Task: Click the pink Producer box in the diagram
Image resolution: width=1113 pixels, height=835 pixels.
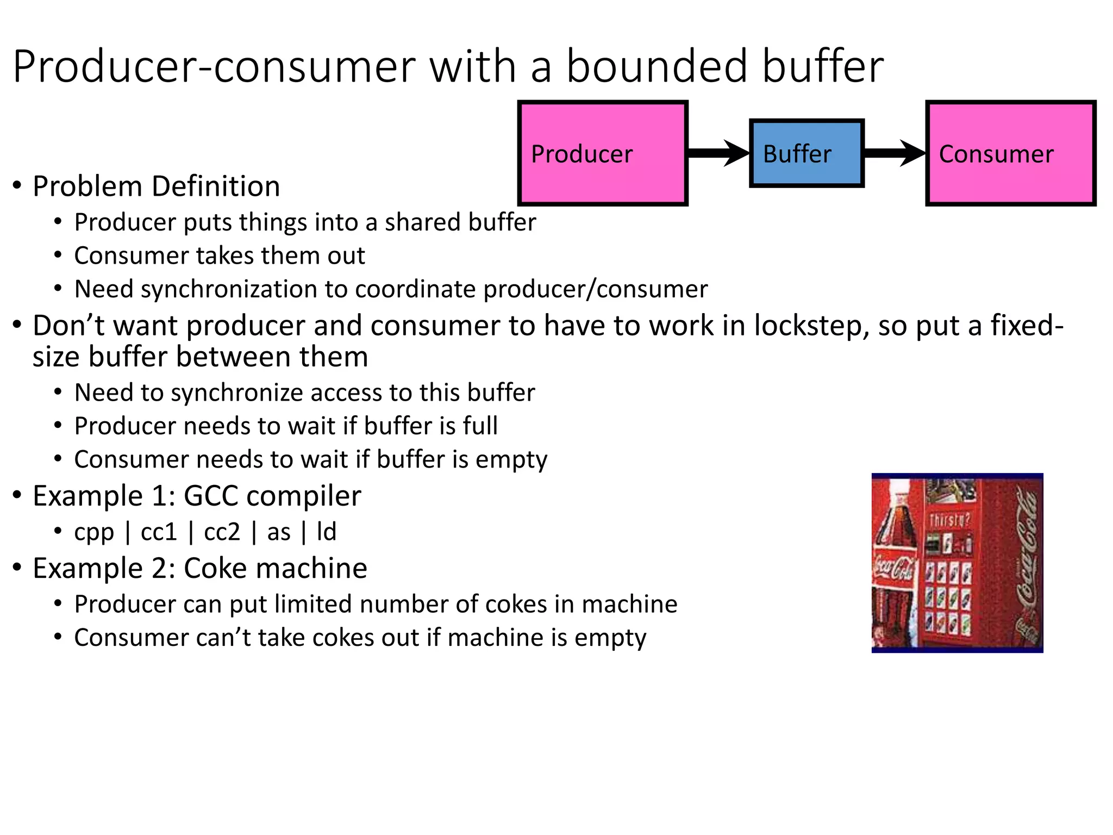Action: pyautogui.click(x=603, y=153)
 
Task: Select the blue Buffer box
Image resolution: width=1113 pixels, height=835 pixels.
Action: pyautogui.click(x=806, y=154)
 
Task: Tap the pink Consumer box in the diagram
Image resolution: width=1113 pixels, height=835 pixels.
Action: pyautogui.click(x=1010, y=153)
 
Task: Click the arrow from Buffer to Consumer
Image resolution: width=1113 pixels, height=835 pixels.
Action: pyautogui.click(x=895, y=153)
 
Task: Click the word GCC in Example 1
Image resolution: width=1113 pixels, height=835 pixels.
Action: pyautogui.click(x=210, y=496)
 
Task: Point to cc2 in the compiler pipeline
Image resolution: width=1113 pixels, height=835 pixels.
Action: pyautogui.click(x=222, y=532)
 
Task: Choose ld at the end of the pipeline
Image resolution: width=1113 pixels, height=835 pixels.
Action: pyautogui.click(x=327, y=532)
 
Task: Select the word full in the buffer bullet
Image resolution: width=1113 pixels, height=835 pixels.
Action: pyautogui.click(x=480, y=426)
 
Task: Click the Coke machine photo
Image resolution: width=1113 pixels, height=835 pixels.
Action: pyautogui.click(x=957, y=563)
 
